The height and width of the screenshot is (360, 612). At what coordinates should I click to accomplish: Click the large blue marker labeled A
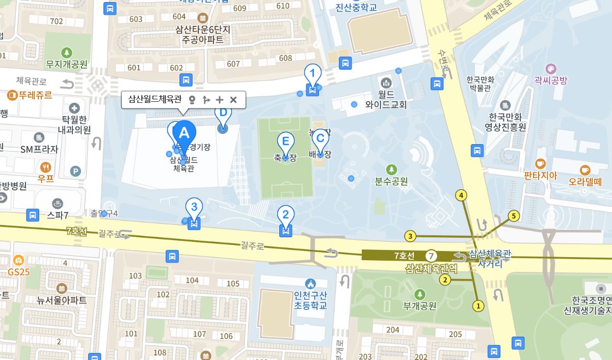tap(184, 133)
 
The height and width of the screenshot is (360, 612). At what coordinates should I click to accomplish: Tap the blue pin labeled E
tap(285, 142)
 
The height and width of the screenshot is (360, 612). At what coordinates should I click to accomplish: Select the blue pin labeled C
tap(320, 138)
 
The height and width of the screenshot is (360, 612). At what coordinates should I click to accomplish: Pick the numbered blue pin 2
tap(285, 215)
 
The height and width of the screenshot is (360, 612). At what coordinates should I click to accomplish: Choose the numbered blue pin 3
tap(194, 207)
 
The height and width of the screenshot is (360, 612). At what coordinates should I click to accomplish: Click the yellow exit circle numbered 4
tap(461, 195)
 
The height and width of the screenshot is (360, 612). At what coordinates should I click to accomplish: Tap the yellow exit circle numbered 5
tap(514, 216)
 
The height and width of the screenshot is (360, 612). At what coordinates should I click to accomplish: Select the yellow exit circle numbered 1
tap(478, 306)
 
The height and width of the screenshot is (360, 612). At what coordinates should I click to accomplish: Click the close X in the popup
tap(233, 100)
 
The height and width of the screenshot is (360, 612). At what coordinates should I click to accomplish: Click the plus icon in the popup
tap(220, 100)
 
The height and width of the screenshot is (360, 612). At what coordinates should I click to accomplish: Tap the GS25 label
tap(18, 272)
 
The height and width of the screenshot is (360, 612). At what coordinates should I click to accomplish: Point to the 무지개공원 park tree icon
tap(66, 52)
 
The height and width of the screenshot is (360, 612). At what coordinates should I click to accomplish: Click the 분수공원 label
tap(391, 181)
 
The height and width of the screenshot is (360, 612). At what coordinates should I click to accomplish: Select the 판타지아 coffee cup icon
tap(540, 164)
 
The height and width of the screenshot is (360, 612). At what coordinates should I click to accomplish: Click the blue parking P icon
tap(75, 172)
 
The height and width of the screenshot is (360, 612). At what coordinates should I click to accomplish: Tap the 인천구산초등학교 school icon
tap(310, 284)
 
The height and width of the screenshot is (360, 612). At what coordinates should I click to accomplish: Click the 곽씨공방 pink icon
tap(550, 69)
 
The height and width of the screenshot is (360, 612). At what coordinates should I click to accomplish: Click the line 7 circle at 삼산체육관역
tap(432, 256)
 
